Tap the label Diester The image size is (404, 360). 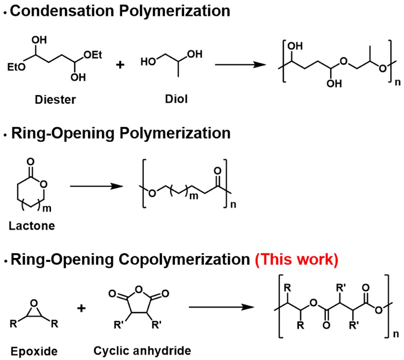tap(55, 99)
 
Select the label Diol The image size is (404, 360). tap(176, 99)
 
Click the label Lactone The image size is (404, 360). tap(32, 226)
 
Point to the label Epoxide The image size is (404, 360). tap(34, 351)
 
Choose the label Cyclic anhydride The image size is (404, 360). tap(142, 350)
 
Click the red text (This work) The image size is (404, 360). tap(297, 259)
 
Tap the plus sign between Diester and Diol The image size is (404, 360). tap(120, 65)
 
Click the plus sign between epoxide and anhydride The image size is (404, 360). tap(82, 308)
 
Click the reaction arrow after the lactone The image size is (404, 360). tap(96, 186)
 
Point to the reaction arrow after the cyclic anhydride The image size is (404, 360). tap(221, 307)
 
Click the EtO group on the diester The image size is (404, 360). tap(16, 67)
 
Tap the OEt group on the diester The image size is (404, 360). tap(93, 55)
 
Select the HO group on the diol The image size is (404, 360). tap(148, 61)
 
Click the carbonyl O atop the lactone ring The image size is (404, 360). tap(30, 161)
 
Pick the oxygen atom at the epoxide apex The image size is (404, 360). tap(34, 303)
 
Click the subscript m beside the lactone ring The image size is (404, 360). tap(47, 209)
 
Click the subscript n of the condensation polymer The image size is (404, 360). tap(397, 82)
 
